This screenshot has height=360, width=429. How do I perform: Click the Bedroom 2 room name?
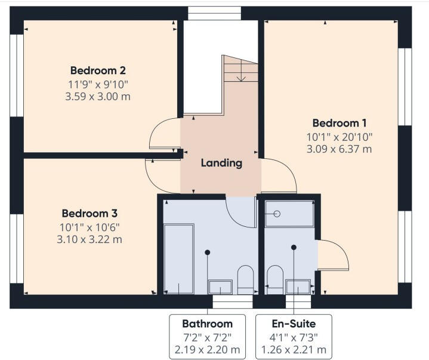point(98,70)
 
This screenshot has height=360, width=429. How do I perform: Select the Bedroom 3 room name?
point(89,213)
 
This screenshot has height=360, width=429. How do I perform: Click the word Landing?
point(221,162)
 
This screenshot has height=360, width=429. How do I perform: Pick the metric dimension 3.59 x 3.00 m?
point(98,96)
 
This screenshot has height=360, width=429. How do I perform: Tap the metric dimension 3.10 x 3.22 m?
point(89,239)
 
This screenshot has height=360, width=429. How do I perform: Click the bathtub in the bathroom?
point(178,259)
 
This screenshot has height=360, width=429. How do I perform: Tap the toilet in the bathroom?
point(245,280)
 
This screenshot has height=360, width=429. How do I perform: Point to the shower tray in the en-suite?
point(289,214)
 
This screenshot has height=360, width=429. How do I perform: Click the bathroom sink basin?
point(220,287)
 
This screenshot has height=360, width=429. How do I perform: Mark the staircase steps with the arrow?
point(241,69)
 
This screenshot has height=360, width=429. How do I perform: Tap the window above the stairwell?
point(214,13)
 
